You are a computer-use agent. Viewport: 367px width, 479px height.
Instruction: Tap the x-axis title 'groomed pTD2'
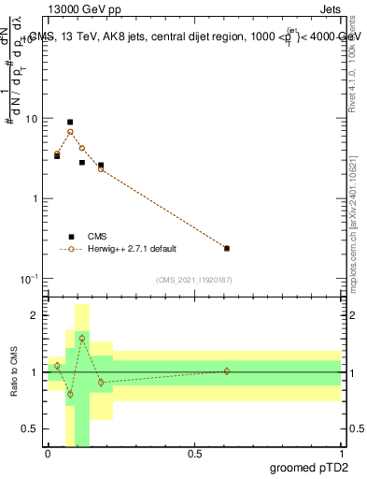(x=309, y=469)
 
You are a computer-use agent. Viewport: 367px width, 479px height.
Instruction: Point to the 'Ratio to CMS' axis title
(x=13, y=372)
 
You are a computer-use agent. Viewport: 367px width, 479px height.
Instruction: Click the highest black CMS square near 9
(x=70, y=122)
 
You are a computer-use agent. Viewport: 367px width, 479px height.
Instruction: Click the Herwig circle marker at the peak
(x=70, y=132)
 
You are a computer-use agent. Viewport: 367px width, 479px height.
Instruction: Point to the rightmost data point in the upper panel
(x=227, y=248)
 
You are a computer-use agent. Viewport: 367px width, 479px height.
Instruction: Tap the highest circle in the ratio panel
(x=82, y=338)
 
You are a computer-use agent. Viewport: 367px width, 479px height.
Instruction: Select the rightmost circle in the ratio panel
(x=227, y=371)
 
